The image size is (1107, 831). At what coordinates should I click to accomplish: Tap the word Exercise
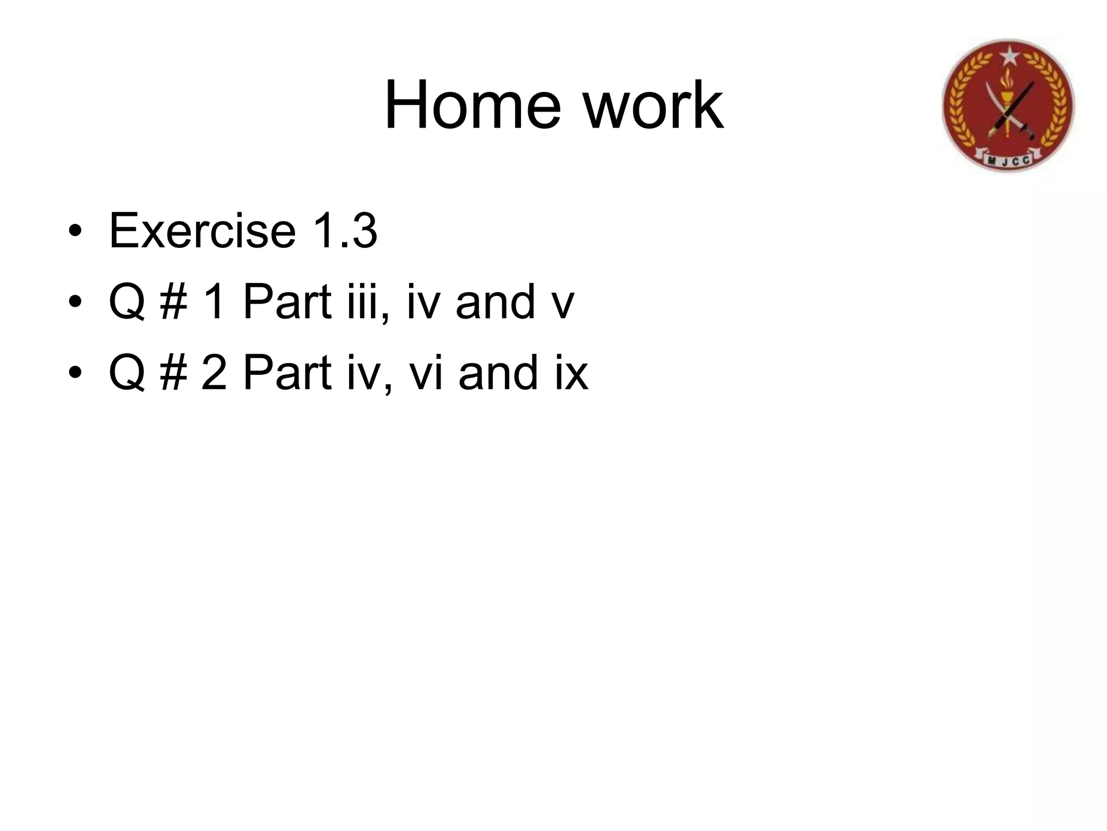(x=202, y=232)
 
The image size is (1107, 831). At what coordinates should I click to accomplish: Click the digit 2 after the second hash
(x=214, y=373)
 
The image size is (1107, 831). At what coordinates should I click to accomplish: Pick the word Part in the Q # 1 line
(x=286, y=302)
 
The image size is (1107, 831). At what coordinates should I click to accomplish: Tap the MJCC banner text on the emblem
(x=1009, y=160)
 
